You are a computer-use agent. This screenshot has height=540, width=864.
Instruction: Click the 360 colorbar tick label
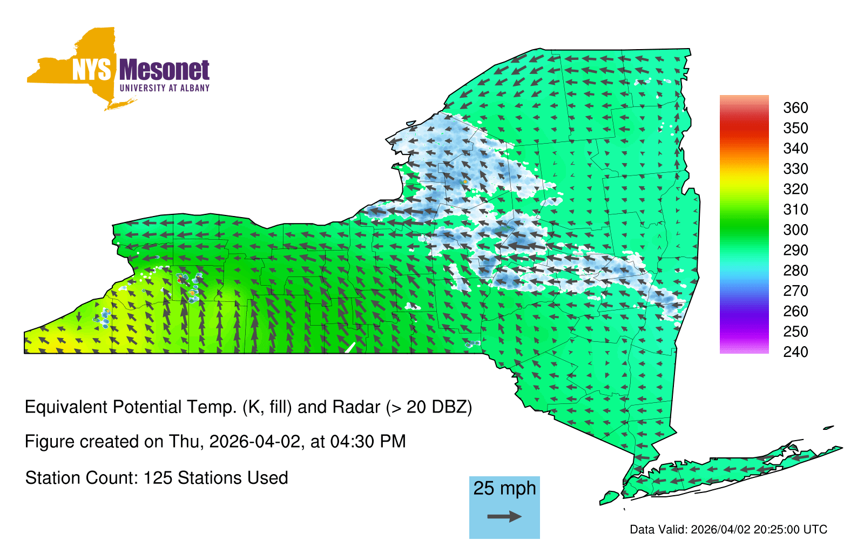(x=795, y=107)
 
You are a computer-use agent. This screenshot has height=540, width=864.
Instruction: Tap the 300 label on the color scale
(x=795, y=230)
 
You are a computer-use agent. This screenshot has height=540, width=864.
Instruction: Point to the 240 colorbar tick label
(x=795, y=352)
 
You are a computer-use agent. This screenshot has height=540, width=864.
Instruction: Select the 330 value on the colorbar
(x=795, y=168)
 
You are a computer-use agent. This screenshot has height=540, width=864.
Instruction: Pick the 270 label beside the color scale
(x=795, y=291)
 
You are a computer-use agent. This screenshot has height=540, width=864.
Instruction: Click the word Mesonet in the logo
(x=164, y=70)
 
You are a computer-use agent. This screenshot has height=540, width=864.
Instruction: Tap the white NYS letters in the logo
(x=92, y=70)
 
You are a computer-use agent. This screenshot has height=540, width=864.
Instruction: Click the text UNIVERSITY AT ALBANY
(x=165, y=88)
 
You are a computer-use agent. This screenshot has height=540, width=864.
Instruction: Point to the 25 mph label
(x=504, y=488)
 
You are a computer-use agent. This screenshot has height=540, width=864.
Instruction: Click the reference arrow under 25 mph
(x=504, y=516)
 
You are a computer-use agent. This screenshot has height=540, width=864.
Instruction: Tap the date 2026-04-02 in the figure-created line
(x=255, y=442)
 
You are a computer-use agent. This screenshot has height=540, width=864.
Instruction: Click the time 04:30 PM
(x=368, y=442)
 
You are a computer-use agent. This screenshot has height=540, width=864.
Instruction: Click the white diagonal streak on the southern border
(x=350, y=348)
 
